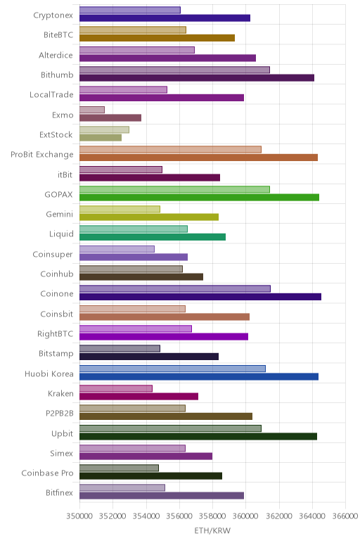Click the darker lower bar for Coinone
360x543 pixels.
pos(200,297)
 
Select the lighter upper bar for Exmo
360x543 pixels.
pos(92,110)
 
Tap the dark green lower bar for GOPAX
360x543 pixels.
pos(200,198)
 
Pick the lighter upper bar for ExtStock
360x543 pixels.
pos(104,129)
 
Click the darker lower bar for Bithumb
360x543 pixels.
pos(197,78)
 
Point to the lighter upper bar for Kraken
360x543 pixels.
pos(116,388)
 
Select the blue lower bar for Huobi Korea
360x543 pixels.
pos(199,377)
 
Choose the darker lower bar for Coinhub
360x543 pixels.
pos(141,276)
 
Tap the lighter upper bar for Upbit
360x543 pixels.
pos(170,428)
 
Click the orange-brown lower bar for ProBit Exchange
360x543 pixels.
pos(199,158)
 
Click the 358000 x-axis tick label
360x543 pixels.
pos(212,516)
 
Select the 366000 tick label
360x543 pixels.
pos(345,516)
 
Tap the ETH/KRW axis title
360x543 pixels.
pos(212,530)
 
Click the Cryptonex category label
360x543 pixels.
pos(53,15)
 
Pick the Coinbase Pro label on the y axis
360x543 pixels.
pos(47,473)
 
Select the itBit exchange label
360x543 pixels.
pos(65,174)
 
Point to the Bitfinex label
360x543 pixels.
pos(60,493)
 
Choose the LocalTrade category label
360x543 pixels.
pos(51,94)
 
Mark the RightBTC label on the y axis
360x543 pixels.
pos(56,334)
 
